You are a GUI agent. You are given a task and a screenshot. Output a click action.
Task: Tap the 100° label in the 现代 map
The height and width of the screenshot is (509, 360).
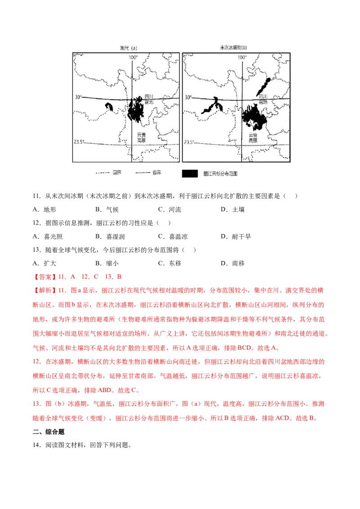click(x=133, y=58)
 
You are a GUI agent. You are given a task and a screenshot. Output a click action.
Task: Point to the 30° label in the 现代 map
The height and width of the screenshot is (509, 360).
click(x=78, y=97)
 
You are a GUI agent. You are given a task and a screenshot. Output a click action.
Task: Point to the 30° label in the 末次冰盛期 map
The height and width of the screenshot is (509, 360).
click(x=188, y=97)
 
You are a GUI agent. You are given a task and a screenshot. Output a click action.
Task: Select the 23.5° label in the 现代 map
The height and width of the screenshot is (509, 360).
click(x=79, y=142)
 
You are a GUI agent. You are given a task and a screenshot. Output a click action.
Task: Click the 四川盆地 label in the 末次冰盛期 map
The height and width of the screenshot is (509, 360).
click(x=261, y=100)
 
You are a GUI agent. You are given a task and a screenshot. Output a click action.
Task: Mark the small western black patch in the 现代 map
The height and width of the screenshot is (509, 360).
click(x=108, y=107)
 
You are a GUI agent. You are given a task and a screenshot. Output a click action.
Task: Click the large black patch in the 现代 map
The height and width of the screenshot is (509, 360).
click(x=135, y=111)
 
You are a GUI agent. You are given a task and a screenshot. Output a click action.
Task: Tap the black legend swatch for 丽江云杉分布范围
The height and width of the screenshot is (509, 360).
click(x=190, y=173)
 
